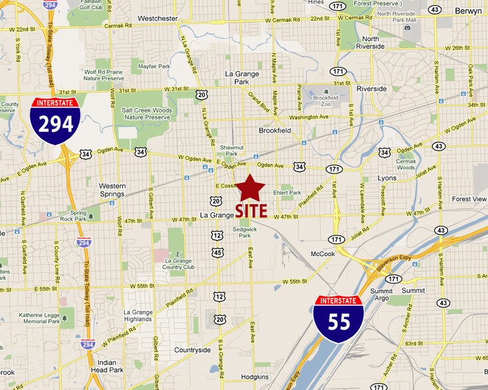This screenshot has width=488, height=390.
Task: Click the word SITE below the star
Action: tap(251, 211)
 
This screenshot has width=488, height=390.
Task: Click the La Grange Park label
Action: tap(246, 78)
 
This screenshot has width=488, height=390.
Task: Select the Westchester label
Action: tap(158, 19)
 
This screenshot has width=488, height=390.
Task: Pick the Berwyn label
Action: tap(471, 11)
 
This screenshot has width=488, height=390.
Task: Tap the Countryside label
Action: tap(192, 350)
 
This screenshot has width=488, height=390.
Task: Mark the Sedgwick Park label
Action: tap(245, 231)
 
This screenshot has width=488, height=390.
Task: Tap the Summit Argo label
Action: tap(381, 294)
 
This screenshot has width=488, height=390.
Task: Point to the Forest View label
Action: tap(469, 199)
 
